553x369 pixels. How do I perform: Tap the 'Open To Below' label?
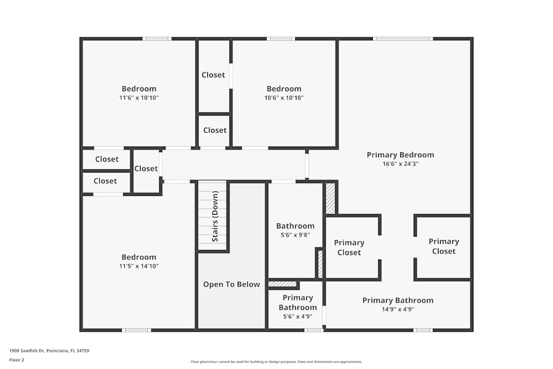[231, 284]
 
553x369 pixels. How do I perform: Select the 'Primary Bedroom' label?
[400, 155]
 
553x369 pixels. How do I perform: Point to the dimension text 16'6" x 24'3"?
[400, 164]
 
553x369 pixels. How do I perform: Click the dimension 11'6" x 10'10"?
[139, 98]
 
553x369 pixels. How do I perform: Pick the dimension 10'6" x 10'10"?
[284, 98]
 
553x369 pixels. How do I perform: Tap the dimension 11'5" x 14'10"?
[139, 266]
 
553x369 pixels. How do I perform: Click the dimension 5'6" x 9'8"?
[295, 235]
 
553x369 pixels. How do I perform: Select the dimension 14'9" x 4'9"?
[398, 309]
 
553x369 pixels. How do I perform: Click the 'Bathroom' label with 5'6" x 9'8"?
[295, 226]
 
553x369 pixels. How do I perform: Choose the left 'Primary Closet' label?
[349, 247]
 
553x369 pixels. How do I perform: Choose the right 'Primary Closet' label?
[444, 246]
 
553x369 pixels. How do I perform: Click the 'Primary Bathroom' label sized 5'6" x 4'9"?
[298, 303]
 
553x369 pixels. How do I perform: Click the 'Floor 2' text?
[17, 360]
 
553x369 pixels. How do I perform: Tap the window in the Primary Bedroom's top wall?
[403, 39]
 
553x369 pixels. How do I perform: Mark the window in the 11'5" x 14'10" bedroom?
[136, 330]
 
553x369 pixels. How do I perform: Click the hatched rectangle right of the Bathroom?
[330, 198]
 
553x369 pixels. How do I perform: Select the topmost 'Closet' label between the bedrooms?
[213, 75]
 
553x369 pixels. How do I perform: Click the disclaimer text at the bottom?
[276, 362]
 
